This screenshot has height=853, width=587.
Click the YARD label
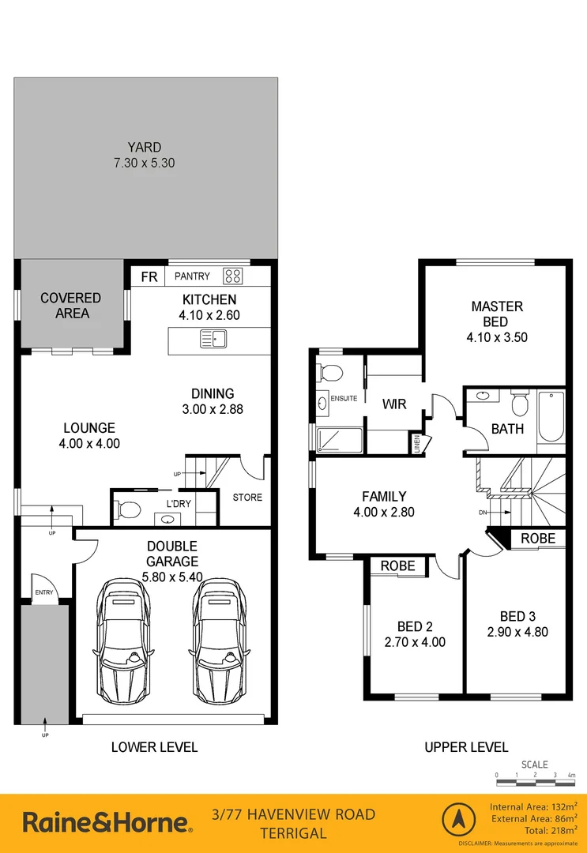tap(145, 147)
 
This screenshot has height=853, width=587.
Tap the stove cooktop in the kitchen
tap(233, 276)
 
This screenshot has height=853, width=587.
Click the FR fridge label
tap(149, 276)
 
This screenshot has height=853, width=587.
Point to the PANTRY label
tap(193, 276)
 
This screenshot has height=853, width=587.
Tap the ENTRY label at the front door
tap(43, 592)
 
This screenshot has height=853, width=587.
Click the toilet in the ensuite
tap(331, 373)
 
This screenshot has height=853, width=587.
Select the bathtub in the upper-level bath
tap(551, 416)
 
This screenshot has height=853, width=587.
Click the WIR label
tap(394, 404)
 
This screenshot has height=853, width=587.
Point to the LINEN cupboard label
tap(415, 443)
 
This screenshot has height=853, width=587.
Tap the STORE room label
tap(247, 498)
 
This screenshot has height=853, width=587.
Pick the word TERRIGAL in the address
tap(293, 833)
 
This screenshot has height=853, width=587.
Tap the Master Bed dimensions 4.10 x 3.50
tap(497, 336)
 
